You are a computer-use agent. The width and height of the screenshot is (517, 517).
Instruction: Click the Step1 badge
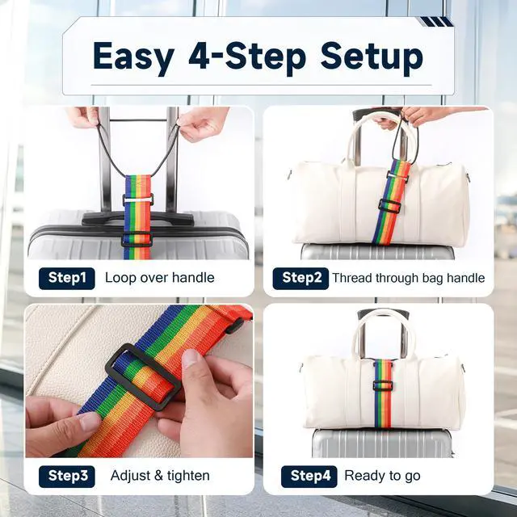point(66,278)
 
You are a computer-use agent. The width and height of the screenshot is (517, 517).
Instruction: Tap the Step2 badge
point(301,278)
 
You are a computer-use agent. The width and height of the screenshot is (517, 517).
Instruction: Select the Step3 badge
point(66,476)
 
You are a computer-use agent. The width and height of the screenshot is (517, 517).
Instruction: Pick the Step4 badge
point(309,476)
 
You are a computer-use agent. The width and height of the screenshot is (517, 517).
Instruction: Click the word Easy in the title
point(133,57)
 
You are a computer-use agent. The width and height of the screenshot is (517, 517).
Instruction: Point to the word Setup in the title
point(372,57)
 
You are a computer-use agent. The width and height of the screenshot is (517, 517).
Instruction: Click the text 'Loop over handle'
point(160,278)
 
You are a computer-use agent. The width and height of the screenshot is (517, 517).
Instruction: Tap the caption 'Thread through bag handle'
point(409,278)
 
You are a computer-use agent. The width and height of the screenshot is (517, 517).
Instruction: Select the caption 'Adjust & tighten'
point(160,476)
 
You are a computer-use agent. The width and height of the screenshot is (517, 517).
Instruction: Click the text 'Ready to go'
point(382,476)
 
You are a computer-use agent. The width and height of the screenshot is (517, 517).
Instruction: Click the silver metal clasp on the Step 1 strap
point(137,200)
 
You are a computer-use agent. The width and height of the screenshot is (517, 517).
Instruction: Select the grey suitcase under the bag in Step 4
point(382,443)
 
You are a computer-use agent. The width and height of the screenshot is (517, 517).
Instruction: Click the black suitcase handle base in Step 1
point(137,219)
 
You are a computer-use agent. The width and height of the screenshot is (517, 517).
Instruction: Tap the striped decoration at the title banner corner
point(435,22)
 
